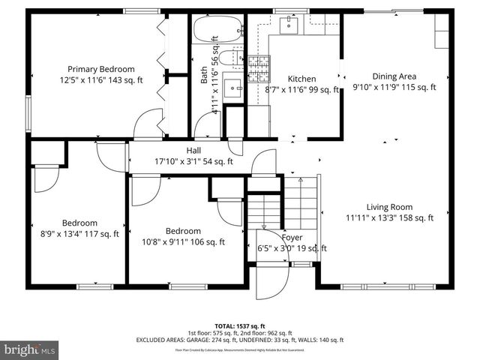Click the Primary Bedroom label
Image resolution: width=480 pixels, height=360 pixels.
click(100, 67)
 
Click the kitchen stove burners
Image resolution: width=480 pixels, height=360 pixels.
click(259, 70)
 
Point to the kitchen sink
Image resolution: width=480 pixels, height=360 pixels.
click(289, 26)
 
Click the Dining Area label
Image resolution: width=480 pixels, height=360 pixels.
click(394, 76)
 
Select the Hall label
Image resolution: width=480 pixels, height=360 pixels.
click(193, 150)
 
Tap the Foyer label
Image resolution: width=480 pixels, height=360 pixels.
click(292, 237)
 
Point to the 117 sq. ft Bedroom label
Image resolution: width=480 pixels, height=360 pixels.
click(79, 223)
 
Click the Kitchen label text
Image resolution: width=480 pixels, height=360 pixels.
click(301, 79)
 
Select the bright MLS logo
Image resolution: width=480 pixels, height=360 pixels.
click(30, 349)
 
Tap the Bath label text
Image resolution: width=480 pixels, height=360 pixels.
click(204, 76)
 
